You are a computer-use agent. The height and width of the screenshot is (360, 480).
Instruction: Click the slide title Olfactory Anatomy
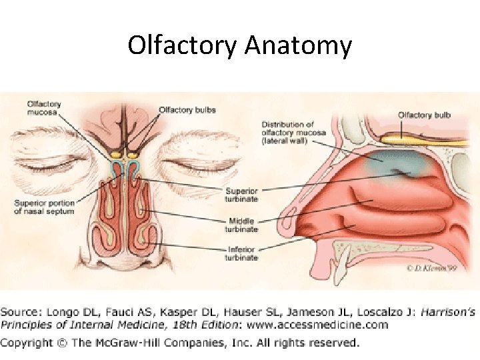(x=239, y=45)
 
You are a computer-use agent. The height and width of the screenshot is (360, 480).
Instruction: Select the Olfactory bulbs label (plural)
(x=187, y=110)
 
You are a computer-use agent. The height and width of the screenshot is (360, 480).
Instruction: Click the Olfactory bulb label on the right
(x=424, y=115)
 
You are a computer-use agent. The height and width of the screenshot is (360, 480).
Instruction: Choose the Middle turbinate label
(x=241, y=224)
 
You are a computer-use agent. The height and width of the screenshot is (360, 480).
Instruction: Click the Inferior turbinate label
(x=241, y=254)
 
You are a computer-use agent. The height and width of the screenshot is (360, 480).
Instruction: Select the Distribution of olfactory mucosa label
(x=288, y=133)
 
